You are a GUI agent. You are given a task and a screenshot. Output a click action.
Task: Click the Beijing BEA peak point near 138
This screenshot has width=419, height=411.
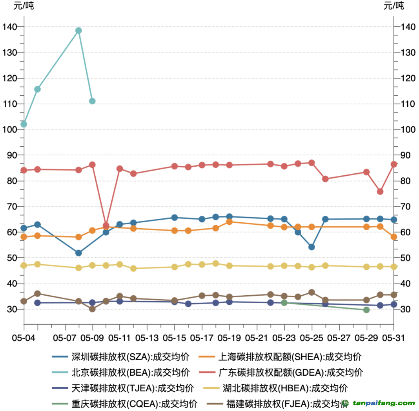[x=78, y=31]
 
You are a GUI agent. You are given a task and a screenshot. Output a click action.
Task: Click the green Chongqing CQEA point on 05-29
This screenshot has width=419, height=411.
[x=366, y=310]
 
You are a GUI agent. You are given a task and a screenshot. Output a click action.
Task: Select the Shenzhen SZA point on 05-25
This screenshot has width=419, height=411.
[x=312, y=247]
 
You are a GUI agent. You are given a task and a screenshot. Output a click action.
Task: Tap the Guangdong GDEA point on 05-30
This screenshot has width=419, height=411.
[x=380, y=192]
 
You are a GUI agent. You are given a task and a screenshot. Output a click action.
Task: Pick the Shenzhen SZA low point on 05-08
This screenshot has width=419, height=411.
[x=78, y=253]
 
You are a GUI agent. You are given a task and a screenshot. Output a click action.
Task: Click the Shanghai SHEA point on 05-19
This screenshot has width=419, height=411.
[x=230, y=222]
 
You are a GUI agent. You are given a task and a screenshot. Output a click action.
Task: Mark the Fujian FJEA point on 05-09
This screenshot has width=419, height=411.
[x=92, y=309]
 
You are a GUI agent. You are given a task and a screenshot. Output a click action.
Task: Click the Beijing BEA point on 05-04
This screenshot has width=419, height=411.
[x=24, y=124]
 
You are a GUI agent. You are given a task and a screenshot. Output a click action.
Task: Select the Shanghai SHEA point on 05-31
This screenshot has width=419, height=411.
[x=394, y=237]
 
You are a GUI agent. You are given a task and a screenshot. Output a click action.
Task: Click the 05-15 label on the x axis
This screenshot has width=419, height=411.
[x=175, y=338]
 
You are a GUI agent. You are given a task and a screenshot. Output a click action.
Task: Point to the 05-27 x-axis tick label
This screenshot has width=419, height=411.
[x=339, y=338]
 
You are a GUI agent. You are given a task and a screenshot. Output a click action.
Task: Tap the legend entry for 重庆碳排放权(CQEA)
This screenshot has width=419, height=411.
[x=125, y=404]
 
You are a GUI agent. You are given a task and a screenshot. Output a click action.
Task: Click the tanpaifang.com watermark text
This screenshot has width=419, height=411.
[x=383, y=403]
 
